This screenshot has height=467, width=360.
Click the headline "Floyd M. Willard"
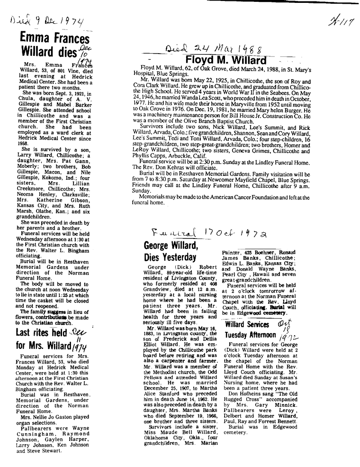coord(226,61)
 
